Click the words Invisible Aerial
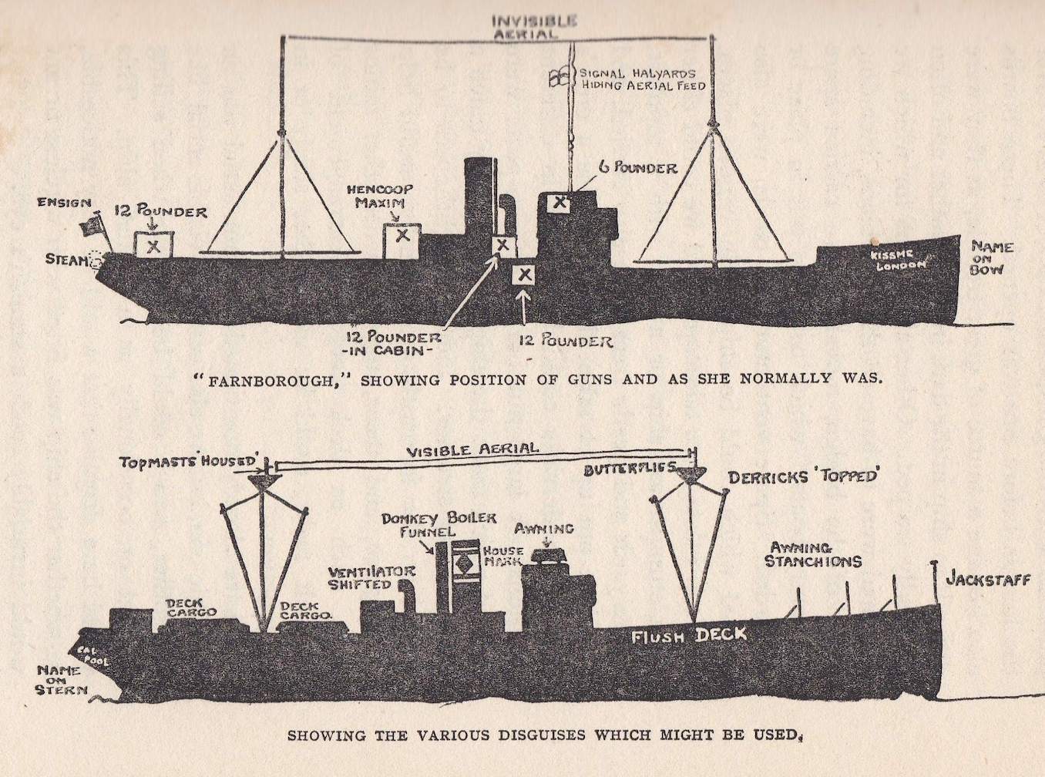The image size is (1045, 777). [x=534, y=27]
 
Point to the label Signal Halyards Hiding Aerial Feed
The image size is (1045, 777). [x=642, y=79]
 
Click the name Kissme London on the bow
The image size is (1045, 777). [x=897, y=261]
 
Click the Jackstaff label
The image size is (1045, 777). [x=987, y=579]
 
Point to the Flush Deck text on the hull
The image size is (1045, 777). [x=688, y=635]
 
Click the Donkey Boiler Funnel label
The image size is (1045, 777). [x=438, y=524]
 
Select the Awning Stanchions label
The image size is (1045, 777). [x=812, y=555]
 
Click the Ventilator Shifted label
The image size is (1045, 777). [x=371, y=577]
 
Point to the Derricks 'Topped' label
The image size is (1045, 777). [x=802, y=476]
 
